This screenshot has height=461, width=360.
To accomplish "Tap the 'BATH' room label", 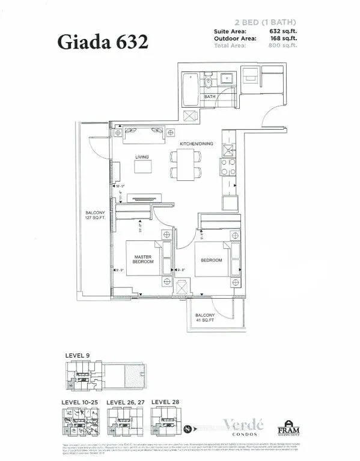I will (x=210, y=96).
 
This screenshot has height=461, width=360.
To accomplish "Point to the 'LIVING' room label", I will (x=142, y=157).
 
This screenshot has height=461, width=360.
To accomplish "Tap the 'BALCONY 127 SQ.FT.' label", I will (x=94, y=215).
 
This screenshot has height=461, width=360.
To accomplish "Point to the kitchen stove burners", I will (x=229, y=163).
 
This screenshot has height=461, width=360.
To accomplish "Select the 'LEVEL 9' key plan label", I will (x=78, y=356).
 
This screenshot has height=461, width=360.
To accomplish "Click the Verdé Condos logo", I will (x=234, y=425).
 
